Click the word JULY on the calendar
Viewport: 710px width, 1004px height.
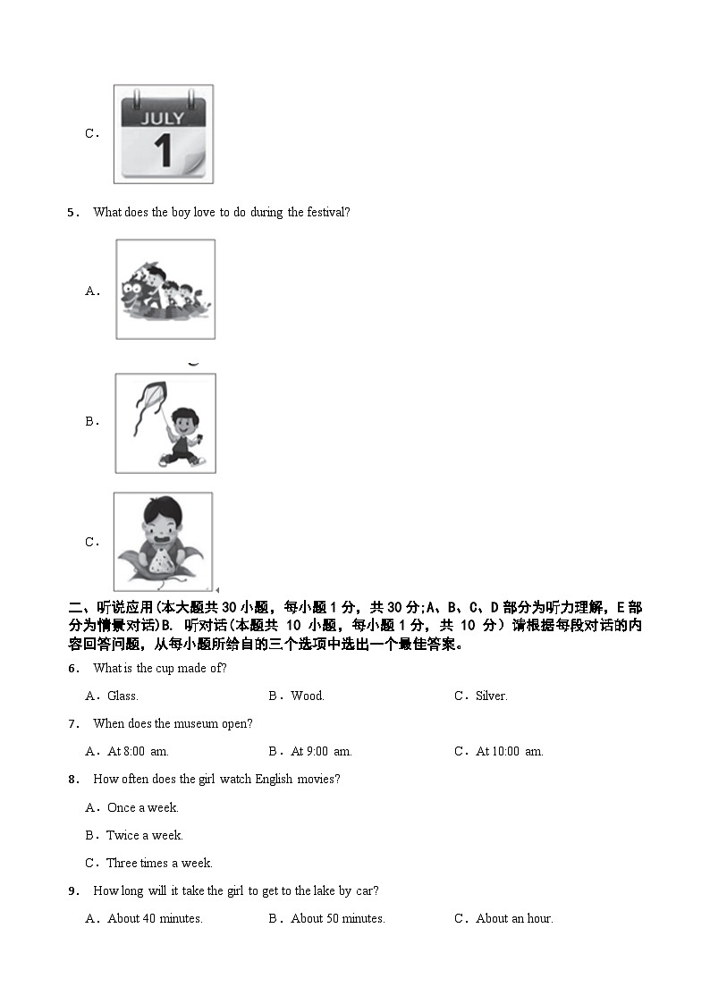[163, 118]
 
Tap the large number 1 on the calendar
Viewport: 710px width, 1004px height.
[163, 151]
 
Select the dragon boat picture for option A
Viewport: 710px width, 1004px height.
[165, 289]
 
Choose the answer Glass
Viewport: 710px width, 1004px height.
[123, 696]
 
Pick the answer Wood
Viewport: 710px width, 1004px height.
[308, 696]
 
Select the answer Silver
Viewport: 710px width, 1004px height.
[491, 696]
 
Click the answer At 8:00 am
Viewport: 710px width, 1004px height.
[138, 751]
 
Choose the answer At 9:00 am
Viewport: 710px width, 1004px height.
[321, 751]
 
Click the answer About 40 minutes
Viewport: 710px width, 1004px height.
[155, 918]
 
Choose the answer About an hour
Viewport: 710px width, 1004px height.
[514, 918]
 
